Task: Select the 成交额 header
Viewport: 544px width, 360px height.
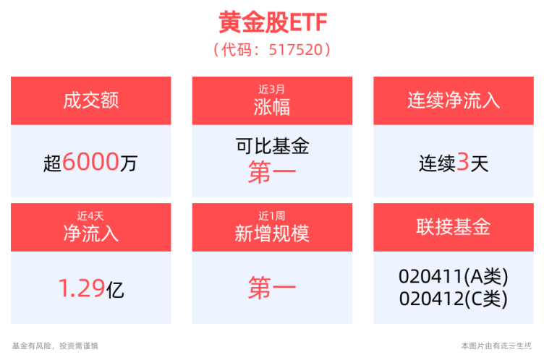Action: [90, 100]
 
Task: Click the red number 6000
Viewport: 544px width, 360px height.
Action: [90, 163]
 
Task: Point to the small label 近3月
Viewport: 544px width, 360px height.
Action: [272, 89]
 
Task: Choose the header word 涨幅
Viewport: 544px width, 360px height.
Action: [272, 107]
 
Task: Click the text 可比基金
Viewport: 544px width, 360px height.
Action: [272, 147]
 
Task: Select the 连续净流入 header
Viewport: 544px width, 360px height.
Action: [454, 100]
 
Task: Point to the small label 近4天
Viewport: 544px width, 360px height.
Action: [90, 215]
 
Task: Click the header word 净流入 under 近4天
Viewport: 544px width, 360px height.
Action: [90, 233]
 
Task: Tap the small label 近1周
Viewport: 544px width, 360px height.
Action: [272, 215]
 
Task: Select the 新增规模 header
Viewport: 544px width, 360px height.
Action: [272, 233]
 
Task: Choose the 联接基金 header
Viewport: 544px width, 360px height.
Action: [454, 226]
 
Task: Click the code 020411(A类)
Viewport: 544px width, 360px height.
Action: [454, 277]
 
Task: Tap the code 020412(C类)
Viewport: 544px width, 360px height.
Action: [454, 297]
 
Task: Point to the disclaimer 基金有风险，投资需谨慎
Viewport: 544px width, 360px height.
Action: [55, 346]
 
